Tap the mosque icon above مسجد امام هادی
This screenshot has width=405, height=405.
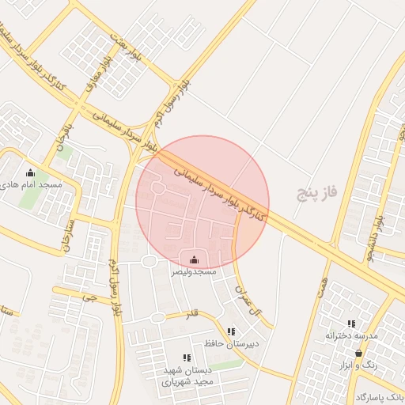click(x=31, y=173)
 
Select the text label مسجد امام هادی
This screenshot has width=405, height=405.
click(x=31, y=184)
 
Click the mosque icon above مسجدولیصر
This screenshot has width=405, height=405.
click(x=195, y=259)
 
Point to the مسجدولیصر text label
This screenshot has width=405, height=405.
click(x=195, y=271)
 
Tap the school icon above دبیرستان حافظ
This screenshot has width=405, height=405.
click(x=230, y=332)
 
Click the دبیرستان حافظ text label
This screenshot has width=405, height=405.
click(x=230, y=343)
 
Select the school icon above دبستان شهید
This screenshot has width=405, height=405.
click(x=187, y=358)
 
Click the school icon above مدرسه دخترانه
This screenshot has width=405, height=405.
click(x=351, y=324)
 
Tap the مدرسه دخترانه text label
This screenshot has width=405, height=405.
click(x=351, y=335)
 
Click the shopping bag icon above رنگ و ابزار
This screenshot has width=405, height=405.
click(x=359, y=354)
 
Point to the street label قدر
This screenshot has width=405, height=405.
click(x=190, y=314)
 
